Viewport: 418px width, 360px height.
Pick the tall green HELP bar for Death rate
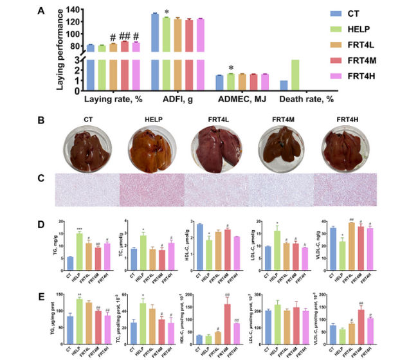tap(295, 76)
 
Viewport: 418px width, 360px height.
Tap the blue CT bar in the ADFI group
tap(155, 51)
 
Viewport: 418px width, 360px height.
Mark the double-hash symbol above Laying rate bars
tap(125, 37)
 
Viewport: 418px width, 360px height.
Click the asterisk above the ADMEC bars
tap(230, 68)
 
